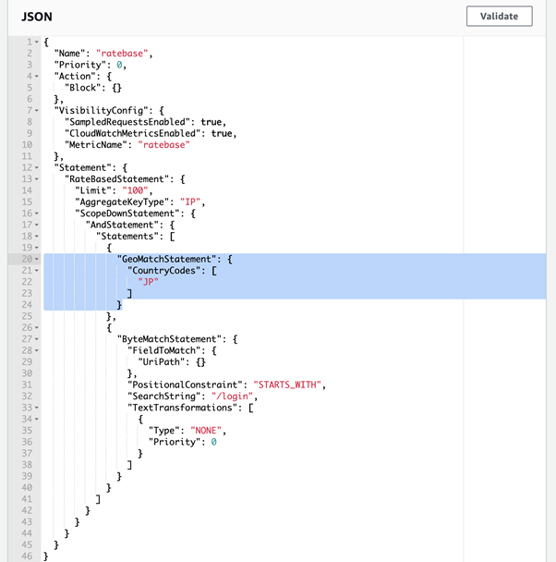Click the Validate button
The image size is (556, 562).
tap(499, 16)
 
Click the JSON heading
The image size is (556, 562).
tap(37, 17)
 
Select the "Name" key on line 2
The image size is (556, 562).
tap(69, 54)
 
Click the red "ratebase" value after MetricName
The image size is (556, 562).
tap(164, 145)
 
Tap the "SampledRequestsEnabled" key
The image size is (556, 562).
tap(127, 122)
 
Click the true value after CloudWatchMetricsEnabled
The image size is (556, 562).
tap(222, 133)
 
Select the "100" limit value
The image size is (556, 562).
tap(135, 190)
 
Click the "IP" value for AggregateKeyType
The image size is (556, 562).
tap(190, 202)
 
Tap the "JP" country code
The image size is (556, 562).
tap(148, 282)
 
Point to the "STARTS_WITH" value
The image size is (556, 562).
tap(287, 385)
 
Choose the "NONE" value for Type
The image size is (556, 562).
tap(206, 431)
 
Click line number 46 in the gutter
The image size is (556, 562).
tap(27, 556)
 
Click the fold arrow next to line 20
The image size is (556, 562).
tap(37, 259)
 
